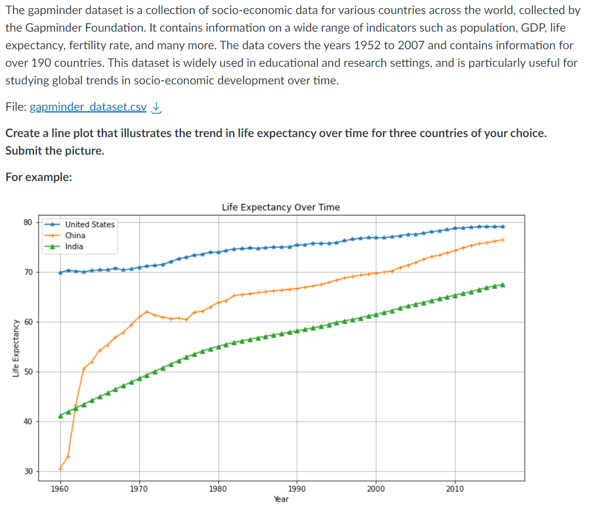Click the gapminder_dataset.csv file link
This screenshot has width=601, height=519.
click(88, 107)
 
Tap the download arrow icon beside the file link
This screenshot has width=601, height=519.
click(156, 107)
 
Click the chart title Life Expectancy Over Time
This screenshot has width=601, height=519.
click(281, 207)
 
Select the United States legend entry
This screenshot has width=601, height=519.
click(90, 224)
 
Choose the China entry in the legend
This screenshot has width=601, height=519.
click(75, 235)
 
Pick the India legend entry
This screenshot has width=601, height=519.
click(74, 247)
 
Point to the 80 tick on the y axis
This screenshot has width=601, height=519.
click(28, 222)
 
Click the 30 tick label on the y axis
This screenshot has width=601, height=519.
click(28, 472)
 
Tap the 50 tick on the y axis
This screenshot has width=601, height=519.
click(28, 372)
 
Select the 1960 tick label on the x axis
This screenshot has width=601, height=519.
click(60, 489)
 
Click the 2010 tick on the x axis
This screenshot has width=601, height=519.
click(455, 489)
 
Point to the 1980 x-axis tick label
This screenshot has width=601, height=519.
click(218, 489)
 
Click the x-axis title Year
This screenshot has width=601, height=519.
click(281, 499)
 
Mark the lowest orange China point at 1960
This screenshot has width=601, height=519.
click(60, 469)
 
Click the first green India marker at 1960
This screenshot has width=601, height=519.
click(60, 415)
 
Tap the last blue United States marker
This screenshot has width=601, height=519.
click(503, 227)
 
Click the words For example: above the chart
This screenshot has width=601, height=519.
click(39, 177)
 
